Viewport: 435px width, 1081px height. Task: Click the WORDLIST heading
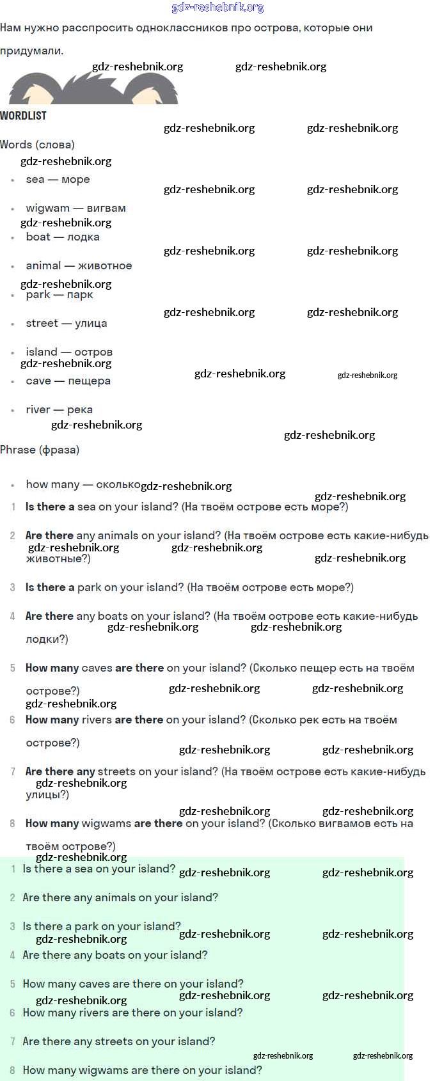tap(23, 116)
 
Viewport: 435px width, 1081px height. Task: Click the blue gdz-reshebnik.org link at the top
tap(217, 8)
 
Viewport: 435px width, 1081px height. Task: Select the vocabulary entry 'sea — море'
tap(58, 180)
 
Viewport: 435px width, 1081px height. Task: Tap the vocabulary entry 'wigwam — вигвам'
tap(75, 209)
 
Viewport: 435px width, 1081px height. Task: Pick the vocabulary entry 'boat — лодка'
tap(62, 237)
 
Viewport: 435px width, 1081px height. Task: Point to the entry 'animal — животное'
tap(79, 266)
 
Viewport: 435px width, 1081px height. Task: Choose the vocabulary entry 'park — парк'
tap(59, 295)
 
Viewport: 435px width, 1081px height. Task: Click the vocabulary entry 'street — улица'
tap(66, 324)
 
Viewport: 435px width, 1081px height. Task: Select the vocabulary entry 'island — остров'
tap(68, 352)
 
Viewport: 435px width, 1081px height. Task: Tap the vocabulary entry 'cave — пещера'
tap(68, 381)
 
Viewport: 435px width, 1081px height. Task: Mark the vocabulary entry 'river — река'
tap(59, 410)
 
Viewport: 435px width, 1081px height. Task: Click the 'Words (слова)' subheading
tap(37, 145)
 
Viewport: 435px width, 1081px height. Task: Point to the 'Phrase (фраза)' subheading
tap(40, 450)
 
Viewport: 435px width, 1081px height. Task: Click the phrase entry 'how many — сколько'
tap(83, 485)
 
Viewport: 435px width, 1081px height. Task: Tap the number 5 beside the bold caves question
tap(13, 668)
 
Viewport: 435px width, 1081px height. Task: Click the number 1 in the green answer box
tap(13, 869)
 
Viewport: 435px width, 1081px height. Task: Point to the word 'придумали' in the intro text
tap(31, 51)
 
